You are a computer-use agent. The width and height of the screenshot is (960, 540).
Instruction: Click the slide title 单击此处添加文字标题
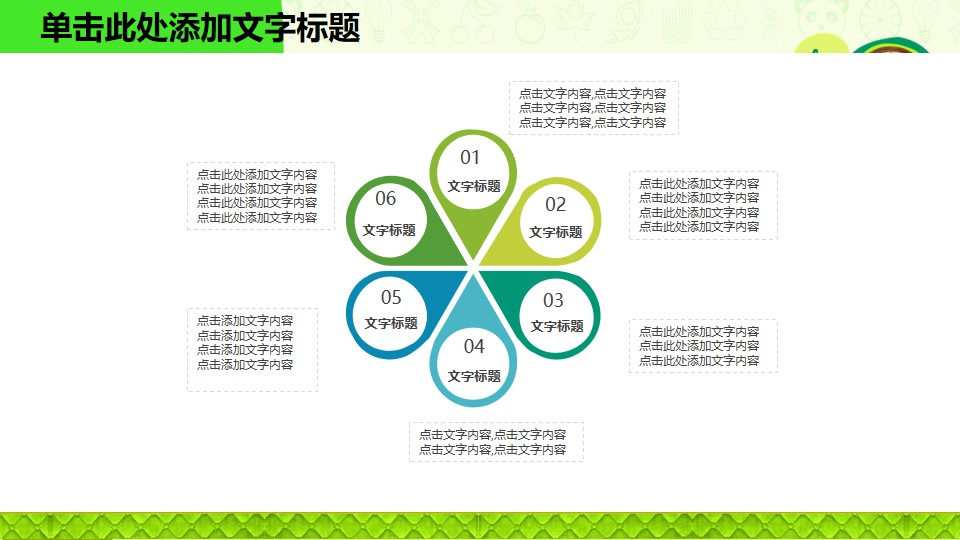pyautogui.click(x=200, y=28)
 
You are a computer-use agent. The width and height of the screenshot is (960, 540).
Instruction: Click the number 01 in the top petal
pyautogui.click(x=470, y=158)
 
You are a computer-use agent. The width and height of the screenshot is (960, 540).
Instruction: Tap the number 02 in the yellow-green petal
pyautogui.click(x=555, y=204)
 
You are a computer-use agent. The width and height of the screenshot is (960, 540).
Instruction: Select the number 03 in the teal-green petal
pyautogui.click(x=553, y=301)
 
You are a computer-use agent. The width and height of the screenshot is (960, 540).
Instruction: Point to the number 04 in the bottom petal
pyautogui.click(x=474, y=347)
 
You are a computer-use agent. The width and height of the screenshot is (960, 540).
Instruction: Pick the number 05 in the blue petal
pyautogui.click(x=391, y=298)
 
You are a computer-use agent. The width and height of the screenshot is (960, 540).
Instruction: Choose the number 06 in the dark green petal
pyautogui.click(x=385, y=198)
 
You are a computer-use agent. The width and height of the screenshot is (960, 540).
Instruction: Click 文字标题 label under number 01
pyautogui.click(x=474, y=186)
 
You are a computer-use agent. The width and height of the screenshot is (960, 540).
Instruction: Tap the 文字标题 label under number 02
pyautogui.click(x=555, y=232)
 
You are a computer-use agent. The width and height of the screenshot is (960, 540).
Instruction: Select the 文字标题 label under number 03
pyautogui.click(x=557, y=326)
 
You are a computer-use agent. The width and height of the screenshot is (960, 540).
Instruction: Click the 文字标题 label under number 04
pyautogui.click(x=474, y=376)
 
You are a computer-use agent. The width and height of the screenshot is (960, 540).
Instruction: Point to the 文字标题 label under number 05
pyautogui.click(x=391, y=323)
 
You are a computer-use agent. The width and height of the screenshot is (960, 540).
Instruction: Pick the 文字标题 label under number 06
pyautogui.click(x=389, y=230)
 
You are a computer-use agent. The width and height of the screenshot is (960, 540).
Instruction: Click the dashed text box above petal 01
pyautogui.click(x=594, y=108)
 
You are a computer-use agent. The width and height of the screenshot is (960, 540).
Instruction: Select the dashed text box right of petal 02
pyautogui.click(x=703, y=205)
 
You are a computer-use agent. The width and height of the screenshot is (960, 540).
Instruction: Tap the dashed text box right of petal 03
pyautogui.click(x=703, y=346)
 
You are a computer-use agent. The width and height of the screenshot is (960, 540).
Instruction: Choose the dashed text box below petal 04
pyautogui.click(x=497, y=442)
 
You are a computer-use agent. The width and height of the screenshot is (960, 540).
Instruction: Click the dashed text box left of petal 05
pyautogui.click(x=252, y=350)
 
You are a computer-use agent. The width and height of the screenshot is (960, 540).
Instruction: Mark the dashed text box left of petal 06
pyautogui.click(x=261, y=196)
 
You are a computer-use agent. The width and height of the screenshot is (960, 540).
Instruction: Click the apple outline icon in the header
pyautogui.click(x=530, y=24)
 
